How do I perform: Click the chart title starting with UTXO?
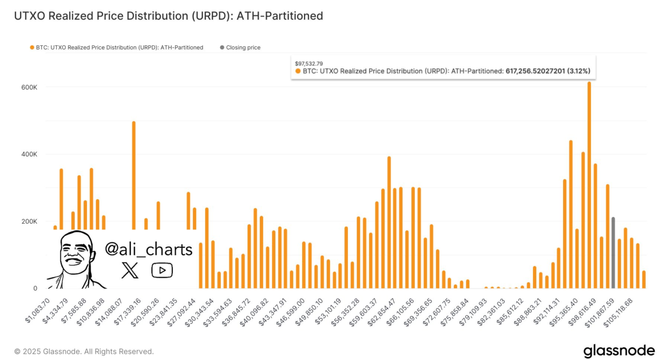pos(168,16)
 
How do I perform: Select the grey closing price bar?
pos(613,253)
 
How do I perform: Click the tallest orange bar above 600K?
pos(589,185)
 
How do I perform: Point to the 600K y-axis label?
pos(29,87)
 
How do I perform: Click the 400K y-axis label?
pos(29,154)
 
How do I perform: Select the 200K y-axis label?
pos(29,222)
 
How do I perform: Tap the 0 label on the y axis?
pos(34,289)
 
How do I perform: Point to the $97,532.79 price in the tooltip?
pos(309,63)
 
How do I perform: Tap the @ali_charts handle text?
pos(149,249)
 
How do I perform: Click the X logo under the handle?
pos(130,271)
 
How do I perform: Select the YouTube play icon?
pos(162,270)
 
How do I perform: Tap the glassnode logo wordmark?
pos(619,351)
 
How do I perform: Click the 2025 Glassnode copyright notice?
pos(84,352)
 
